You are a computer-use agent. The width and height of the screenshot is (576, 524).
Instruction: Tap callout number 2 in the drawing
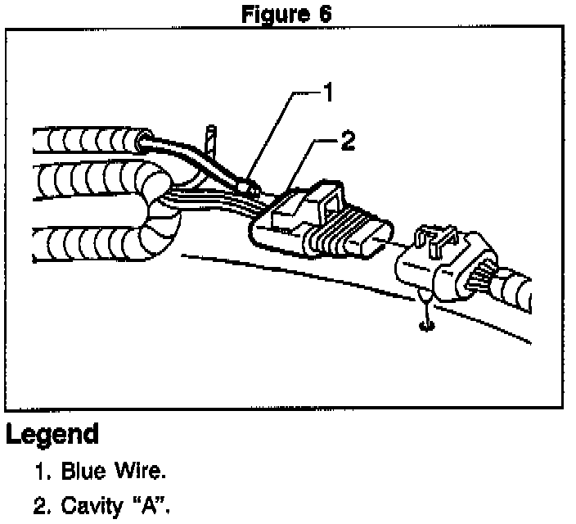coord(348,142)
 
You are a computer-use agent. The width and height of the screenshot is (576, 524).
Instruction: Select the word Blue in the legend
coord(90,472)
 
